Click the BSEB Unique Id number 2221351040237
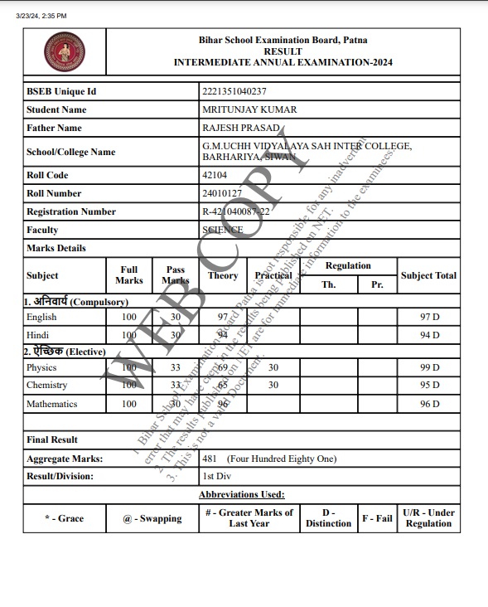(x=234, y=91)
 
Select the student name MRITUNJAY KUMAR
(x=249, y=109)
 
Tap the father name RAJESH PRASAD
(x=239, y=128)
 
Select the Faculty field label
(x=42, y=230)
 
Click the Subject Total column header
(x=428, y=275)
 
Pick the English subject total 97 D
(x=429, y=317)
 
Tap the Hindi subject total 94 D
(x=429, y=335)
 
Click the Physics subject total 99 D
(x=429, y=367)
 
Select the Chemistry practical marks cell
(x=273, y=385)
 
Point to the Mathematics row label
(x=51, y=404)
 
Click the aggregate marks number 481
(x=210, y=459)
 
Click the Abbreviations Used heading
(x=242, y=494)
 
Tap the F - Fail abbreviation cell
(x=378, y=518)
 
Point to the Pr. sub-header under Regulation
(x=378, y=284)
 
